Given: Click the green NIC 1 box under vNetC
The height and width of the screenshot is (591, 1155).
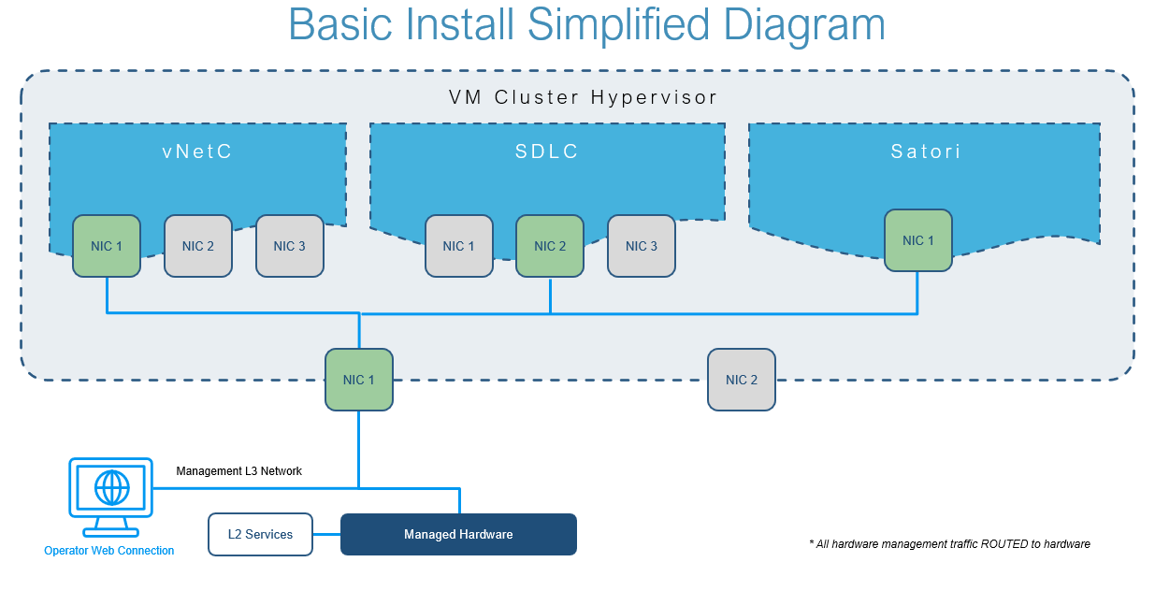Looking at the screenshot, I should tap(107, 246).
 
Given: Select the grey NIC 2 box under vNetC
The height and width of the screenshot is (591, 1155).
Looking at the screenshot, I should tap(198, 246).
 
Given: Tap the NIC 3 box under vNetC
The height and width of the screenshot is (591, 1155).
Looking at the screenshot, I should tap(290, 246).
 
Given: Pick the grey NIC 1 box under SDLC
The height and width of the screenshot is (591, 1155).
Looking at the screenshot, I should tap(458, 246).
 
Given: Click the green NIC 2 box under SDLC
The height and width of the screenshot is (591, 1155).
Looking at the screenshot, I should tap(550, 246).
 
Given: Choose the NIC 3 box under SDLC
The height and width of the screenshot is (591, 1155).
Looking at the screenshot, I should tap(642, 246).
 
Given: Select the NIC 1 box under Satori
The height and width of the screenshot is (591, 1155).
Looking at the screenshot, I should tap(918, 240).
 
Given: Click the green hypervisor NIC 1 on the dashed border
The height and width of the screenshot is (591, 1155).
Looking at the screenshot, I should tap(359, 380).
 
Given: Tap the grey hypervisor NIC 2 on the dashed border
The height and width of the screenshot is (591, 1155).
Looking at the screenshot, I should tap(742, 380).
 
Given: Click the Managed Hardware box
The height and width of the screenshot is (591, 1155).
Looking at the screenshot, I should tap(458, 535).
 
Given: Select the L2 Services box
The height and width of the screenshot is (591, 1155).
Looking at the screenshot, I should tap(260, 535).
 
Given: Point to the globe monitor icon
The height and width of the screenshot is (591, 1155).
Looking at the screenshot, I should tap(110, 489).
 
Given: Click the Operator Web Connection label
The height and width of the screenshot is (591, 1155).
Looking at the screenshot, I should tap(108, 551).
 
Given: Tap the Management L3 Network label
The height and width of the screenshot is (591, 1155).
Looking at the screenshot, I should tap(239, 471).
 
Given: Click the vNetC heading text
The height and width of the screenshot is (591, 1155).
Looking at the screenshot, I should tap(197, 151).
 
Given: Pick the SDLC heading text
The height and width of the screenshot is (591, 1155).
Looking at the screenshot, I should tap(547, 151).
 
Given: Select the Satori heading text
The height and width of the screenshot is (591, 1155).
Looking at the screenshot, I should tap(925, 151).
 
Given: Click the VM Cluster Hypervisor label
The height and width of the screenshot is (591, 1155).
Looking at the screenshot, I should tap(584, 97).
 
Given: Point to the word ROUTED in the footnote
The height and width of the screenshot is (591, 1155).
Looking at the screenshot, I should tap(1005, 544).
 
